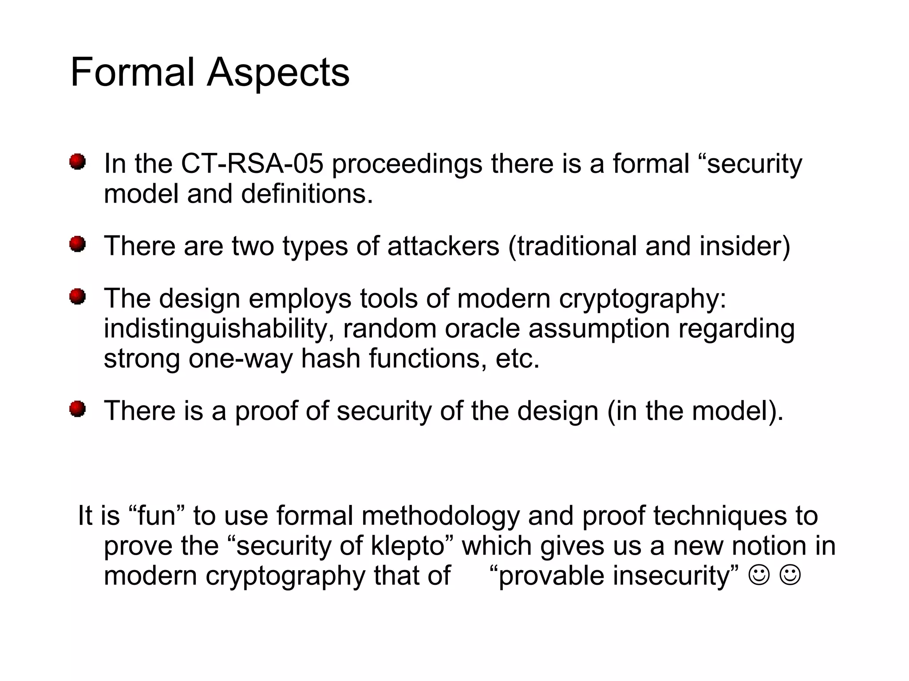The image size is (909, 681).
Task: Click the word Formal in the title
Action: (132, 72)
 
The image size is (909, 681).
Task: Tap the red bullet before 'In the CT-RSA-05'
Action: (77, 162)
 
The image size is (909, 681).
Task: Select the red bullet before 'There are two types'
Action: (77, 244)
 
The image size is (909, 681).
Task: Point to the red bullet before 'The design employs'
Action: (77, 297)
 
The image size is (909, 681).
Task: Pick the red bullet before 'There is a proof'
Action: (77, 409)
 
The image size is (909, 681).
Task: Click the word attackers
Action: (443, 246)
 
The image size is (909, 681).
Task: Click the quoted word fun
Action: (156, 516)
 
